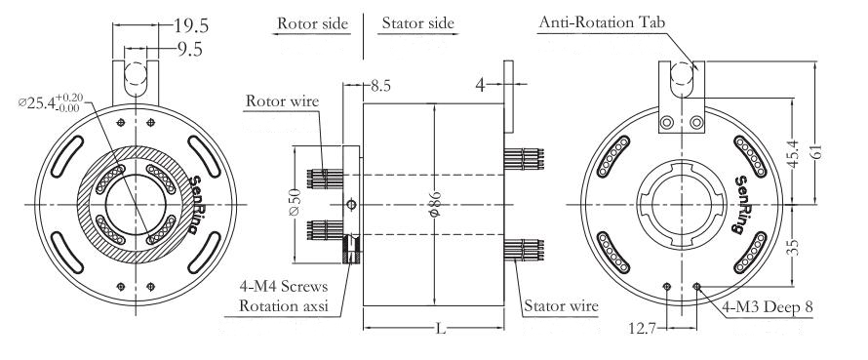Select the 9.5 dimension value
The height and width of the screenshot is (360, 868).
[190, 50]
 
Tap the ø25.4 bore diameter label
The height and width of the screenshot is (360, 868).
[51, 102]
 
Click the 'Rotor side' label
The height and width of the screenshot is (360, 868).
[312, 23]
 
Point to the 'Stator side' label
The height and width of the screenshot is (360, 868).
[418, 23]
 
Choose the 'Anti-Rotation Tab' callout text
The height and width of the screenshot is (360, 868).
[602, 22]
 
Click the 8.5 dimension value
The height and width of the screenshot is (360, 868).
[380, 86]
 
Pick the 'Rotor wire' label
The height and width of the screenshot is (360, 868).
[282, 100]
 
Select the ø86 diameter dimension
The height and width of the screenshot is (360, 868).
[435, 203]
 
